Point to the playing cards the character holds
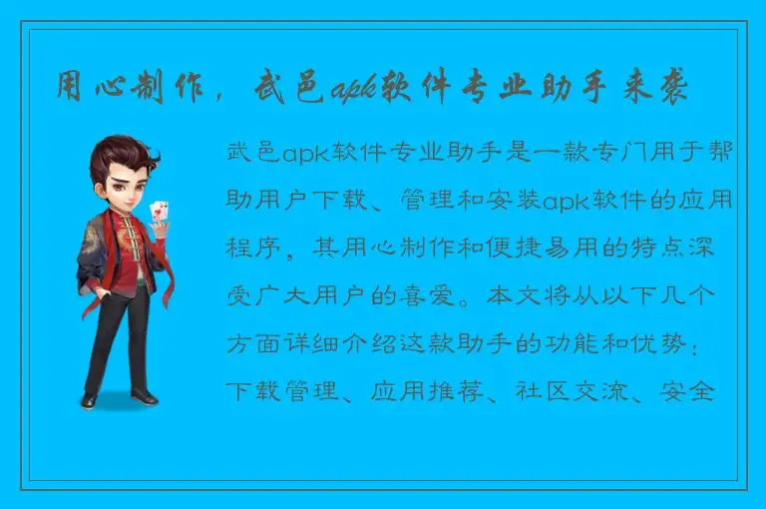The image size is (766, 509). coord(157,213)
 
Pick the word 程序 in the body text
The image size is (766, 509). coord(251,247)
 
